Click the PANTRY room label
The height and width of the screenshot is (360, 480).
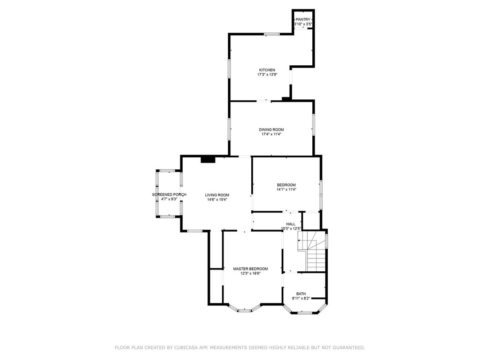click(303, 19)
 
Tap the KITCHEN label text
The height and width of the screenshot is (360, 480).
click(267, 70)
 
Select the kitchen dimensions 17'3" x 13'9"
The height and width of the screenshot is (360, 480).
click(267, 75)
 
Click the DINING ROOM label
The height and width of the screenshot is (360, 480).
click(271, 130)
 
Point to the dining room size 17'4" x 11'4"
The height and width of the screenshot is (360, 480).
click(271, 134)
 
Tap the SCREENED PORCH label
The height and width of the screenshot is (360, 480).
click(169, 195)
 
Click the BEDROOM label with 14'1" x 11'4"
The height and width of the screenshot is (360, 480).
click(286, 185)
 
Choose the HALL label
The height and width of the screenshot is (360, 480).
click(291, 224)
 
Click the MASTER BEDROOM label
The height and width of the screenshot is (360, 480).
click(250, 269)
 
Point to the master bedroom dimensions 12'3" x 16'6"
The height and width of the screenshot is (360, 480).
click(250, 273)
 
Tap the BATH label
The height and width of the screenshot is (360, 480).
click(301, 294)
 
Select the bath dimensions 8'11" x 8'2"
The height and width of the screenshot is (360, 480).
click(301, 299)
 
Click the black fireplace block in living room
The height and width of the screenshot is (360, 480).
click(208, 160)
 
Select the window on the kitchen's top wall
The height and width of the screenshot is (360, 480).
click(271, 34)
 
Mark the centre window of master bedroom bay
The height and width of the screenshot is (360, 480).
click(244, 310)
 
